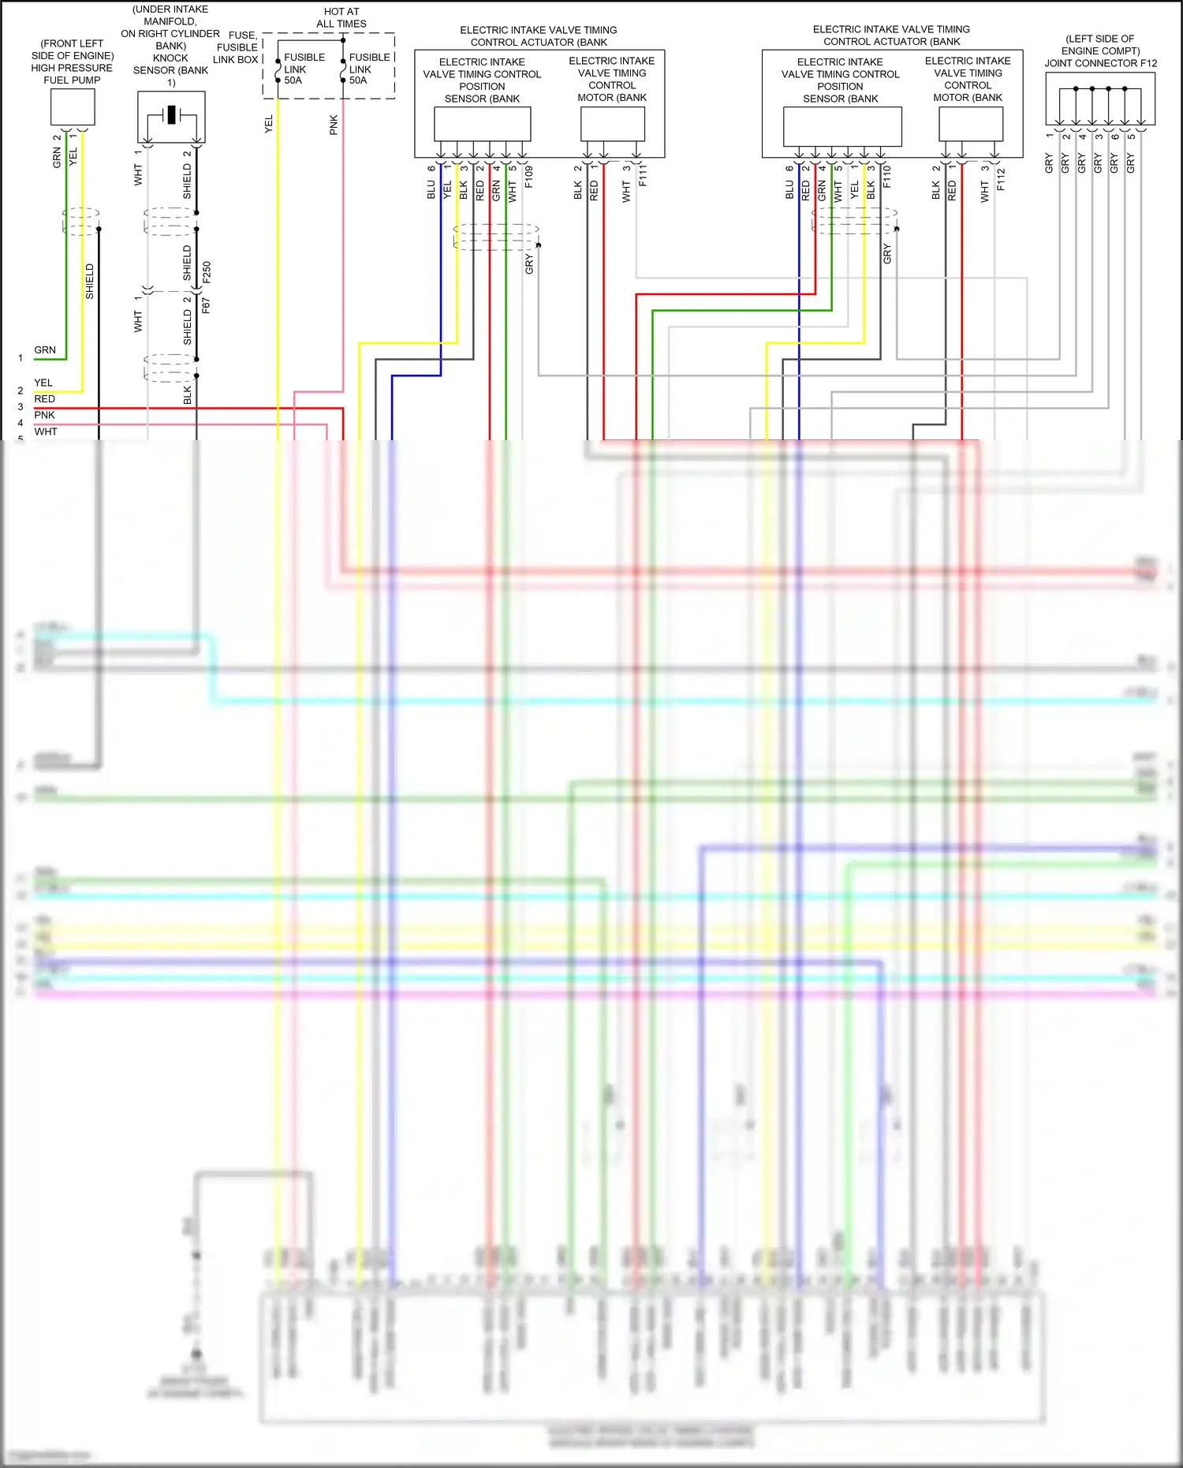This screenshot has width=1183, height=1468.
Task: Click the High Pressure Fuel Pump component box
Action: [73, 106]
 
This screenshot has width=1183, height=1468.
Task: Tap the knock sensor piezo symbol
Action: [171, 115]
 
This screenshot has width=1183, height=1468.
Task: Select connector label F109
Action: [528, 176]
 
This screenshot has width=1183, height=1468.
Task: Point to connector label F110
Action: [886, 176]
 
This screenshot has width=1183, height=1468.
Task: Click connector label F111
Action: [643, 175]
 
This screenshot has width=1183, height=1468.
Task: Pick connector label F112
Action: [1001, 179]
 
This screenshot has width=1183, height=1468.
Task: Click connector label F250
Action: [206, 272]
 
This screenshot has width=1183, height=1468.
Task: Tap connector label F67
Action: [206, 305]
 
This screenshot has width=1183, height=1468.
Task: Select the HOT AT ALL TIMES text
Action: [341, 17]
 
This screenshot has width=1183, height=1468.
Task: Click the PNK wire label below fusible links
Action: [334, 125]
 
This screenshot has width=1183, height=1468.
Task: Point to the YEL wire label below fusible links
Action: [268, 124]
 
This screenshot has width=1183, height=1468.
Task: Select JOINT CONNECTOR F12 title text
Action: [1100, 63]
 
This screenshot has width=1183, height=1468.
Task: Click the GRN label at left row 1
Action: [45, 349]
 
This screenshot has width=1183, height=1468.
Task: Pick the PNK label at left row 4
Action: [44, 415]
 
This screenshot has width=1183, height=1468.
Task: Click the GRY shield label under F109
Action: [529, 264]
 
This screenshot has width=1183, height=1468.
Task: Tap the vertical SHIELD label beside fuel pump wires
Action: [90, 281]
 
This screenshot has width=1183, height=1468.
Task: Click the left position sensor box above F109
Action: [482, 124]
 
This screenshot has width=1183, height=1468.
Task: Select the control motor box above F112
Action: [970, 124]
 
